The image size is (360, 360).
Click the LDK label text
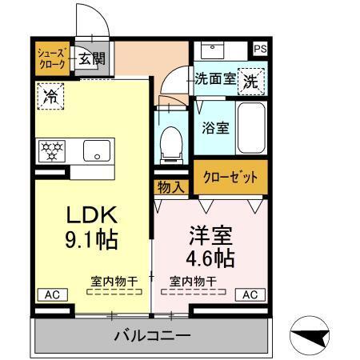pos(92,214)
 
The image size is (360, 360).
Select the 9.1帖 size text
pos(92,238)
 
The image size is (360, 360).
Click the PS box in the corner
pos(259,49)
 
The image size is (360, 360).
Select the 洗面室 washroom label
pos(215,79)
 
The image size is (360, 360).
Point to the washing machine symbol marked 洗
pos(250,80)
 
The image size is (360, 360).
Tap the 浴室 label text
pos(216,126)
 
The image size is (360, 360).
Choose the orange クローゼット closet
pos(230,178)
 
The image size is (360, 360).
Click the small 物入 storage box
pos(171,187)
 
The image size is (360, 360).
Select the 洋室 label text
pos(211,236)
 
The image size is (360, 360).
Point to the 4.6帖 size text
pos(210,258)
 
